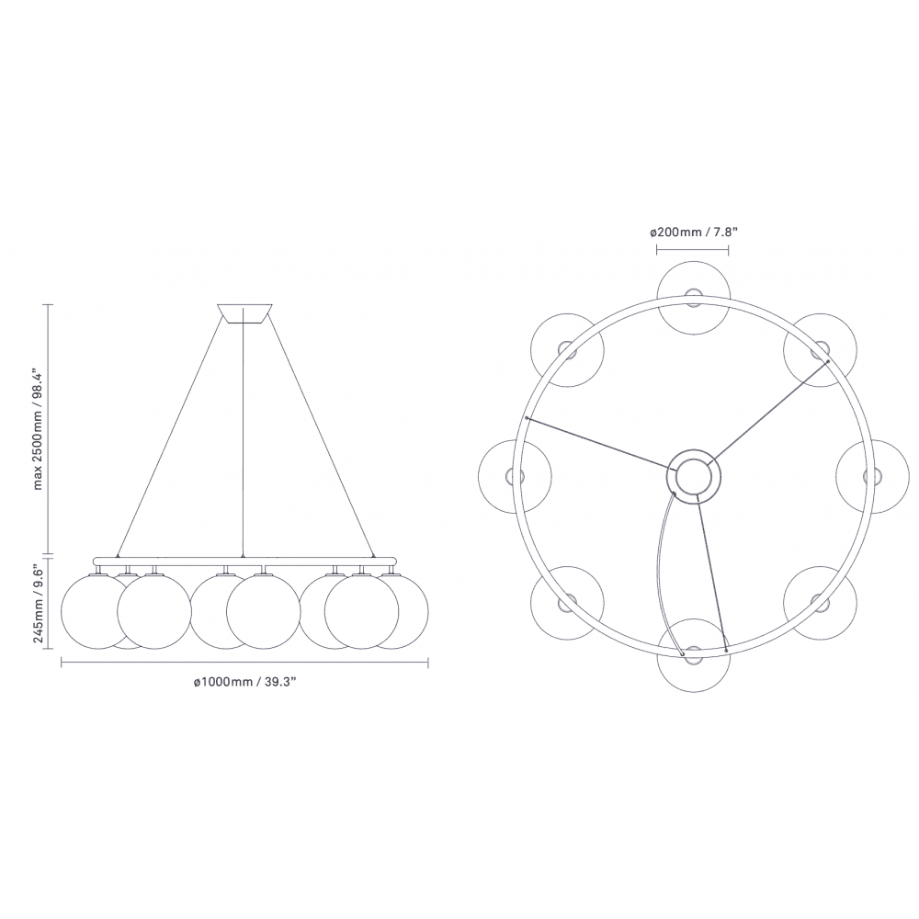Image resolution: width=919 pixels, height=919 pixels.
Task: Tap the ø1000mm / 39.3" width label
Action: [245, 681]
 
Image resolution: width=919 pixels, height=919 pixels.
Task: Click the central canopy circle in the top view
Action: [693, 476]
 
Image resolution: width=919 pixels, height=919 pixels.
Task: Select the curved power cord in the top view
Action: [661, 570]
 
